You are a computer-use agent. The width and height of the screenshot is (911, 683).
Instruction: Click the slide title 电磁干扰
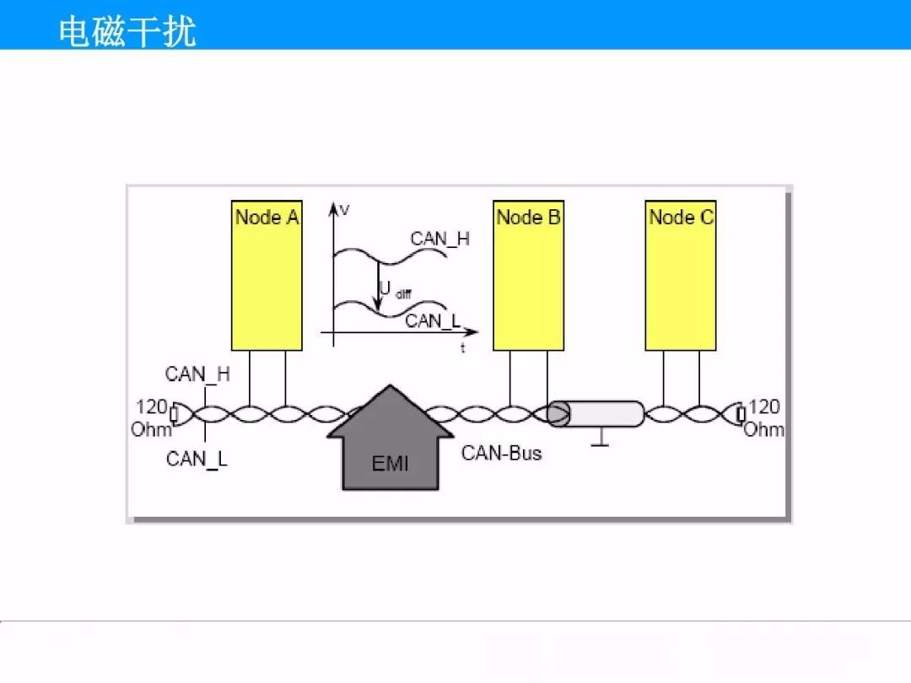click(127, 31)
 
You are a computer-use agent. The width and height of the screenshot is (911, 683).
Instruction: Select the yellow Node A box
click(267, 275)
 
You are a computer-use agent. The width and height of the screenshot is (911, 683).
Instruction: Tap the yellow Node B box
click(528, 275)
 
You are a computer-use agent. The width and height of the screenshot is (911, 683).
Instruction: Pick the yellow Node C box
click(681, 275)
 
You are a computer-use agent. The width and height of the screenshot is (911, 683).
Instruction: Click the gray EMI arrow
click(390, 447)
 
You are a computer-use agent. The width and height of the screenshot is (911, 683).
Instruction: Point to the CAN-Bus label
click(501, 453)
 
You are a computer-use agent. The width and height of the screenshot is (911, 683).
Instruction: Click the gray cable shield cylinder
click(596, 413)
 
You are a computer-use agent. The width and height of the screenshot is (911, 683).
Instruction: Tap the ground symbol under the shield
click(601, 438)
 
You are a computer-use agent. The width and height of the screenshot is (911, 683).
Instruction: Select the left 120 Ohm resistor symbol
click(174, 414)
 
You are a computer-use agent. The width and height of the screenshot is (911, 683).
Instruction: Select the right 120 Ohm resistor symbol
click(741, 414)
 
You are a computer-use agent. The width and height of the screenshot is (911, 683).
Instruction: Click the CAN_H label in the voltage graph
click(439, 239)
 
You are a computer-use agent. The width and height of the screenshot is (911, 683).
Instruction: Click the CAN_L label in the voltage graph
click(433, 320)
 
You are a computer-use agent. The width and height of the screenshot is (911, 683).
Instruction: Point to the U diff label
click(395, 290)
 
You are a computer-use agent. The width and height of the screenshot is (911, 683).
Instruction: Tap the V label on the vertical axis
click(344, 210)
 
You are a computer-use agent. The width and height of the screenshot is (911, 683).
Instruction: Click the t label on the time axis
click(463, 347)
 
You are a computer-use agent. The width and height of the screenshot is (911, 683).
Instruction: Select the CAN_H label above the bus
click(197, 374)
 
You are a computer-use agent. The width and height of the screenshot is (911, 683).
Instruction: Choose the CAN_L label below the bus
click(197, 459)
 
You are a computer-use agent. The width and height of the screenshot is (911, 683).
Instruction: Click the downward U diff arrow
click(379, 286)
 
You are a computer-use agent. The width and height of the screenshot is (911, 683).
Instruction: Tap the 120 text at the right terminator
click(764, 406)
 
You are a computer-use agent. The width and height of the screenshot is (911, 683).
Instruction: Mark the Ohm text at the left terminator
click(151, 430)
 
